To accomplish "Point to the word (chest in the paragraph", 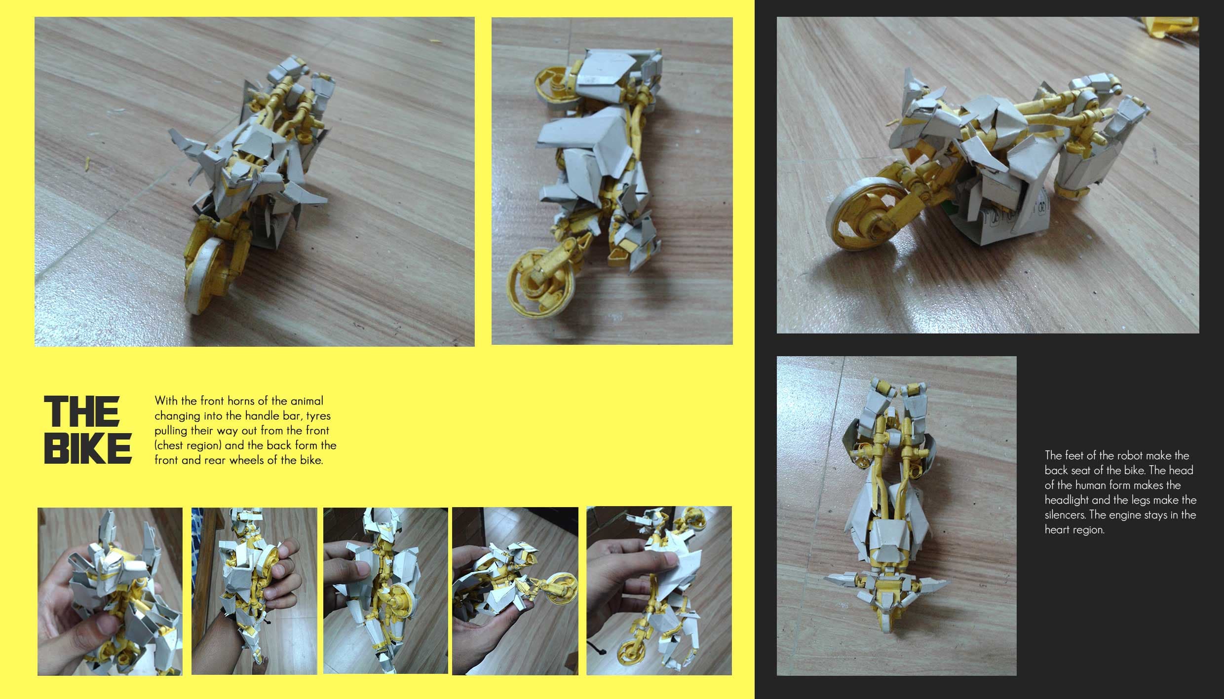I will pyautogui.click(x=172, y=445).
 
